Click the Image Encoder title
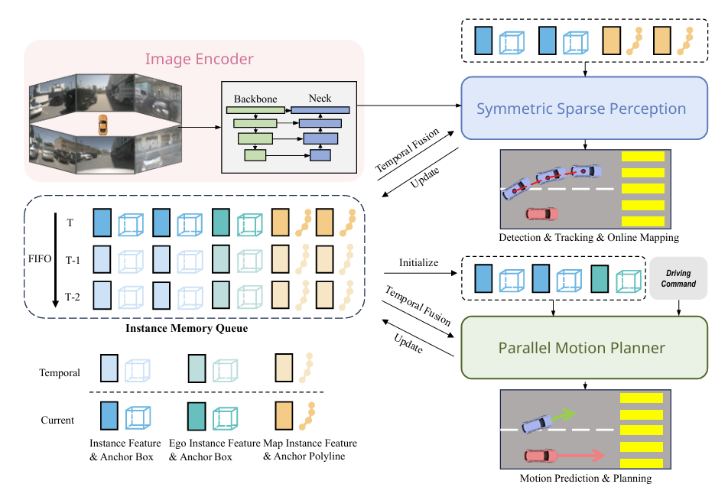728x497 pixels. click(200, 59)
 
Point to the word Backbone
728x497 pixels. click(255, 99)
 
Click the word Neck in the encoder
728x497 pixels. click(320, 99)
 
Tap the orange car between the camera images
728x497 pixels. click(102, 125)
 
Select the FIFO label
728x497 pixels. click(41, 259)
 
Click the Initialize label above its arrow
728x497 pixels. click(419, 262)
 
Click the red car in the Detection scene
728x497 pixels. click(540, 214)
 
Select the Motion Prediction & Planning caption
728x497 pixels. click(585, 479)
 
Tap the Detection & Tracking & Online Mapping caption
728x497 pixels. click(588, 238)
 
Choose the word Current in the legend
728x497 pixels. click(57, 420)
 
